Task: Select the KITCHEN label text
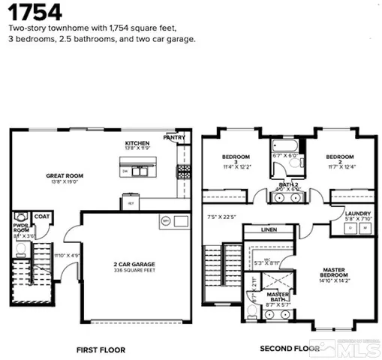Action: tap(137, 142)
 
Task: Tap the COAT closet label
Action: tap(42, 218)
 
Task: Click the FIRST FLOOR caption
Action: tap(101, 349)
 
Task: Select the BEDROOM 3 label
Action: tap(230, 160)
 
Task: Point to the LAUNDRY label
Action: tap(353, 214)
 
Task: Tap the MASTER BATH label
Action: tap(279, 296)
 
